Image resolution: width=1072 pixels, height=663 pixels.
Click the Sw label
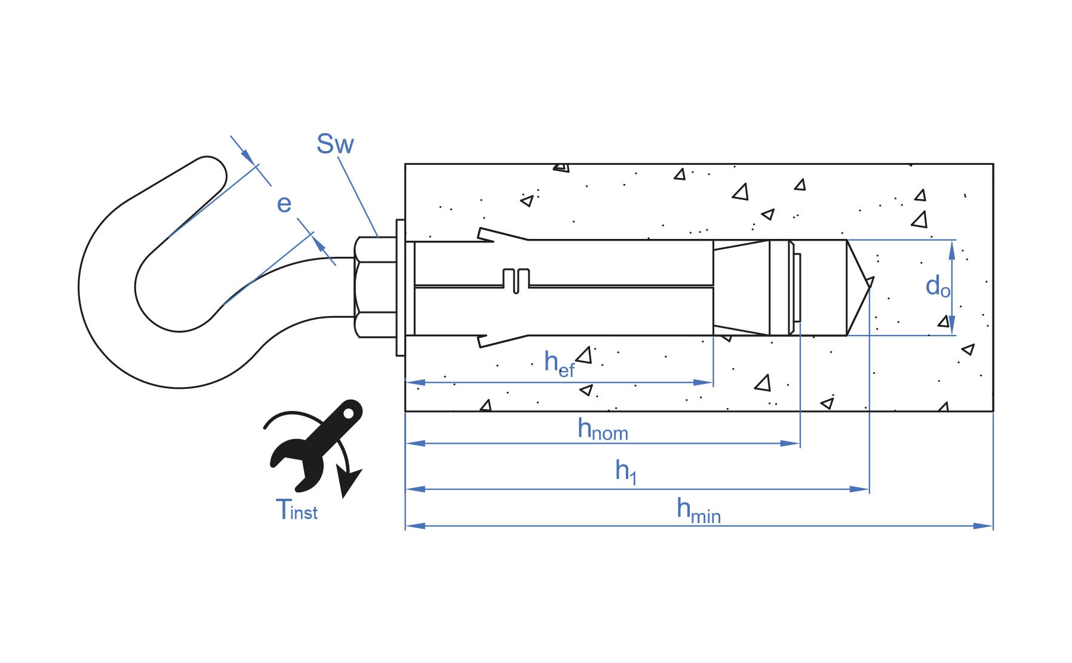[335, 144]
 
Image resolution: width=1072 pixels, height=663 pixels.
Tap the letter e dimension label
[284, 204]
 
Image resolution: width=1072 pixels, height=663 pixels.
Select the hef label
[559, 363]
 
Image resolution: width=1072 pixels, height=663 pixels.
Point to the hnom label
[603, 429]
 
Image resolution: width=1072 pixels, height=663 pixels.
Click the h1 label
[626, 471]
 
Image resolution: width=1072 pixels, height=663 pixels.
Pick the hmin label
[699, 511]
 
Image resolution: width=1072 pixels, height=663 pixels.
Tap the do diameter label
[938, 287]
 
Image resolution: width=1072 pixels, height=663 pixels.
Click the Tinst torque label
[297, 510]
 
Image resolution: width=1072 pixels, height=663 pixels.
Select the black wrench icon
[315, 444]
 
